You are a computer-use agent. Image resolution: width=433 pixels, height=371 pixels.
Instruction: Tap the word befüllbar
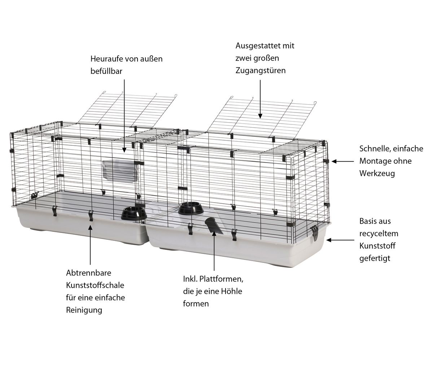[x=106, y=71]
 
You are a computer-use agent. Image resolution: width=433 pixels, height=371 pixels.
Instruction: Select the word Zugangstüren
[x=261, y=71]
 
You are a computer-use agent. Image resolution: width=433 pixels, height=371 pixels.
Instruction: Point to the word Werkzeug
[x=377, y=173]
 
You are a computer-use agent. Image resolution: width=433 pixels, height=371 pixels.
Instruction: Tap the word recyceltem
[x=379, y=233]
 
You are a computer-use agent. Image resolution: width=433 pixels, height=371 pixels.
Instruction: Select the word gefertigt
[x=375, y=259]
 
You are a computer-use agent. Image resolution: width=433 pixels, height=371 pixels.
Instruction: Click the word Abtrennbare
[x=89, y=273]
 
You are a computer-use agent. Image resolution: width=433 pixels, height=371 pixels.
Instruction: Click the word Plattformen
[x=221, y=279]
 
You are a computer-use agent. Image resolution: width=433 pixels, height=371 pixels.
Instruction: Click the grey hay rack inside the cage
[x=120, y=172]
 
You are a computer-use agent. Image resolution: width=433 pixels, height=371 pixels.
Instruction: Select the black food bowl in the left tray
[x=134, y=214]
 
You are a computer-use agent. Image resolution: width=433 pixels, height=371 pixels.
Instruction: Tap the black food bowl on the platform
[x=191, y=208]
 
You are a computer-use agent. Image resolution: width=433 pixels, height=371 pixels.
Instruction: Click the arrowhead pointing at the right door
[x=260, y=116]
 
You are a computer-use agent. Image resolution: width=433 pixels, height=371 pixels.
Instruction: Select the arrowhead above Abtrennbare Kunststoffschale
[x=90, y=228]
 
